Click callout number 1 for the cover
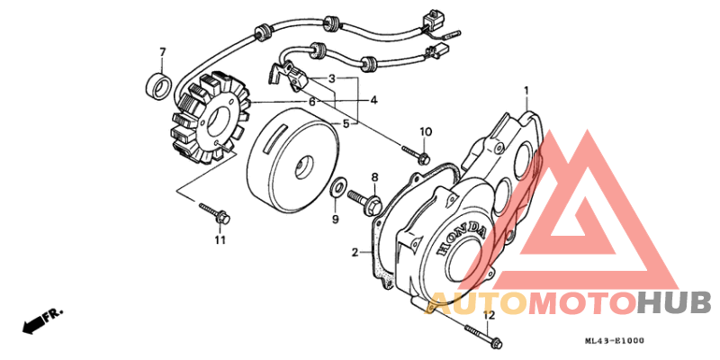(x=526, y=91)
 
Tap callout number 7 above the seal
(x=162, y=50)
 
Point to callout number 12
(x=489, y=315)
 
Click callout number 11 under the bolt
(x=219, y=239)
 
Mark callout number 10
(x=426, y=132)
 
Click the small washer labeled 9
(x=337, y=189)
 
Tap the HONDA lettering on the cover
(x=463, y=239)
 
